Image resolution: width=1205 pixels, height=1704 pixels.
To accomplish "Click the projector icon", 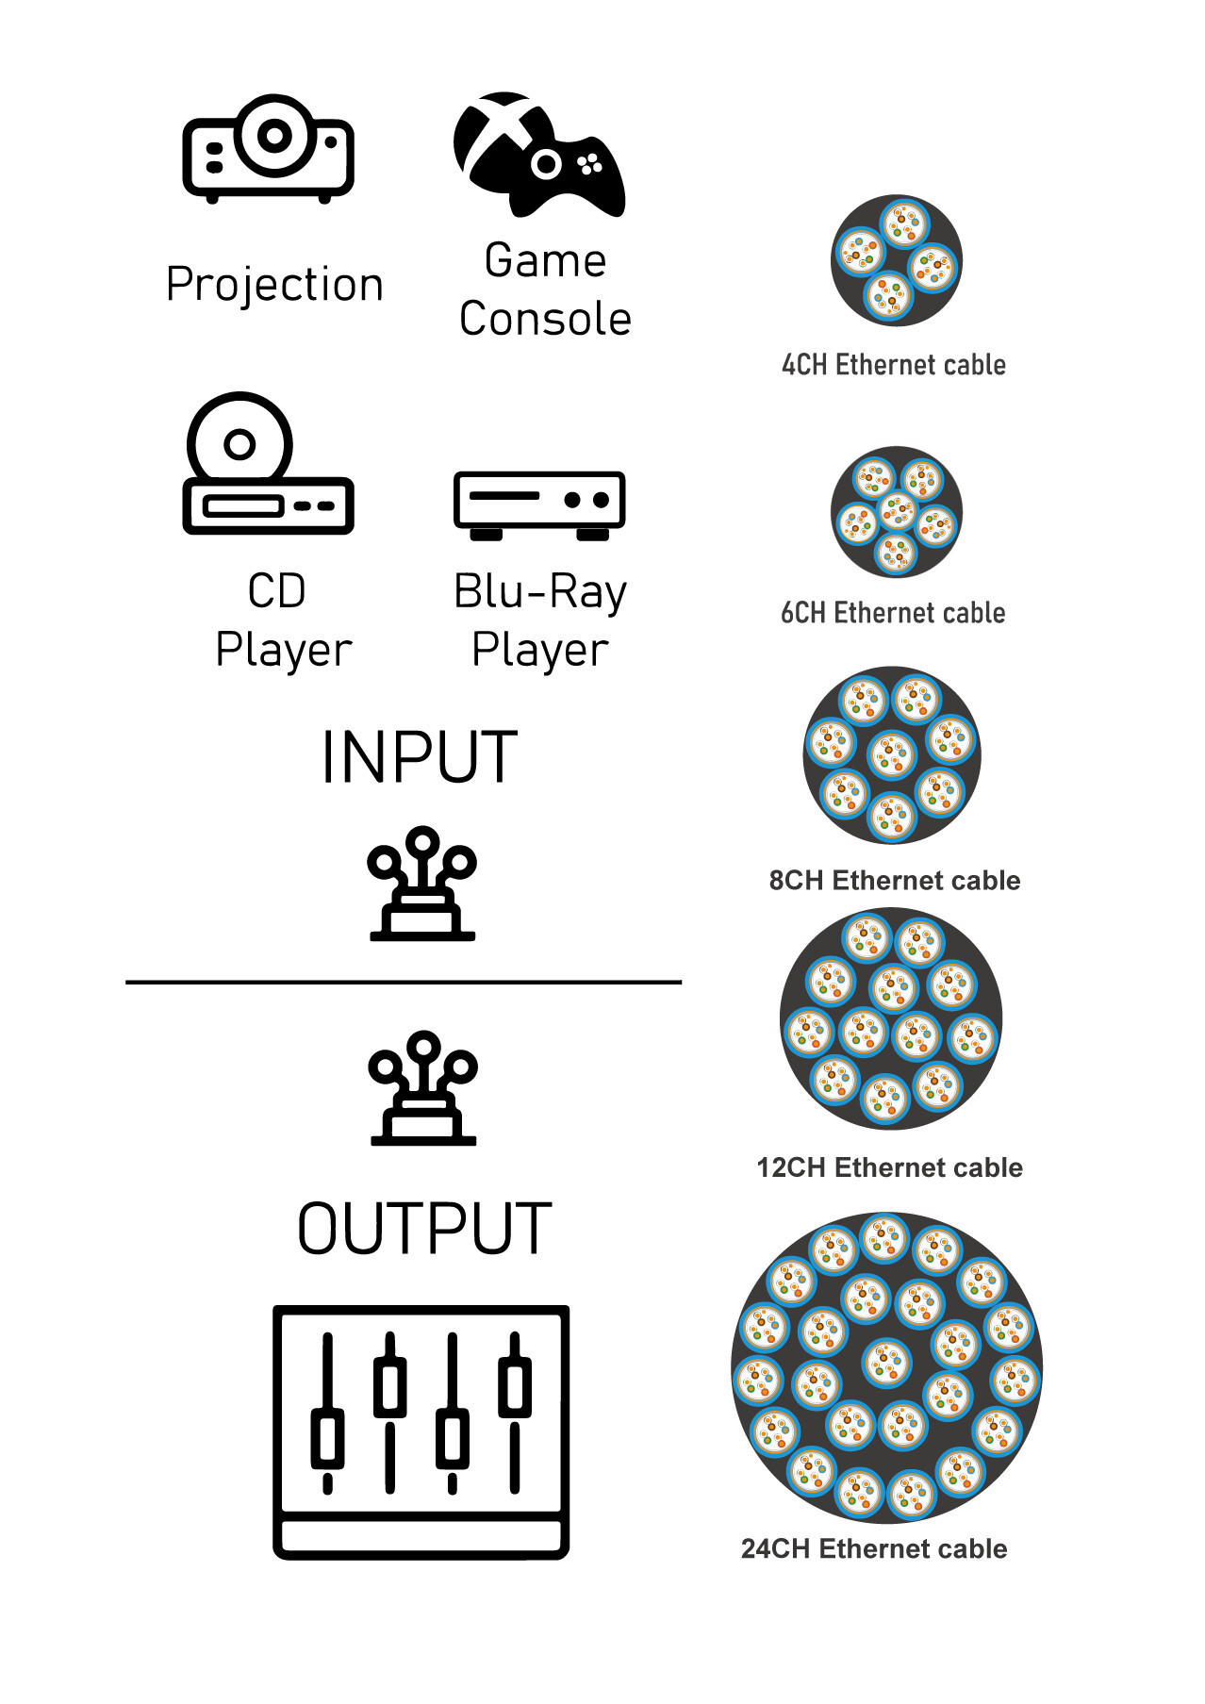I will pos(268,148).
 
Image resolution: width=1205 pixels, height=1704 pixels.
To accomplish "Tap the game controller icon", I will pos(540,156).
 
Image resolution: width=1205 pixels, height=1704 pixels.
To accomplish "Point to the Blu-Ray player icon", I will pos(539,505).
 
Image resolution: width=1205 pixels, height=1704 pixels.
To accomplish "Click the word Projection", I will pos(274,284).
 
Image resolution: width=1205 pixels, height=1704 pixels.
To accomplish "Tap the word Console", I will pos(545,319).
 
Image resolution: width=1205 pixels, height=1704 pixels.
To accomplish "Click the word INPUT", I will pos(419,757).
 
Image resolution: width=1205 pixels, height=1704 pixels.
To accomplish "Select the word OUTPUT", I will pos(424,1229).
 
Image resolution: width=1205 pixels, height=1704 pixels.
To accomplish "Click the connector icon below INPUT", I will pos(422,885).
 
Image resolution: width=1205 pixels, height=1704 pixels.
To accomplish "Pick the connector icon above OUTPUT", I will pos(423,1089).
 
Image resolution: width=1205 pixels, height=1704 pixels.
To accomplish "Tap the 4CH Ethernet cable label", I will pos(893,365).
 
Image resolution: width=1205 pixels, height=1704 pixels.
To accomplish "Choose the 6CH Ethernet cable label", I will pos(893,613).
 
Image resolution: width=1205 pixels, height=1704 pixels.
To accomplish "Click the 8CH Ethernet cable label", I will pos(895,881).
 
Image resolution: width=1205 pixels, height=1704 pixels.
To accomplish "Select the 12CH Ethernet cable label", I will pos(889,1167).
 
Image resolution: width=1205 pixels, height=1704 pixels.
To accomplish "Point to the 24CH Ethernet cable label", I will pos(874,1548).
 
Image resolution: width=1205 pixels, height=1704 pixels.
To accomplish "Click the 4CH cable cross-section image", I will pos(896,260).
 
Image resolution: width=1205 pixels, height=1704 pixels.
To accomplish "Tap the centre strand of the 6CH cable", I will pos(897,513).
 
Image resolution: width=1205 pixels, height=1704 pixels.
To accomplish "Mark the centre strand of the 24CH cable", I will pos(886,1363).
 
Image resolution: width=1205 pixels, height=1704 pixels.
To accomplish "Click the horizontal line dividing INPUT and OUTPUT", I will pos(404,983).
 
